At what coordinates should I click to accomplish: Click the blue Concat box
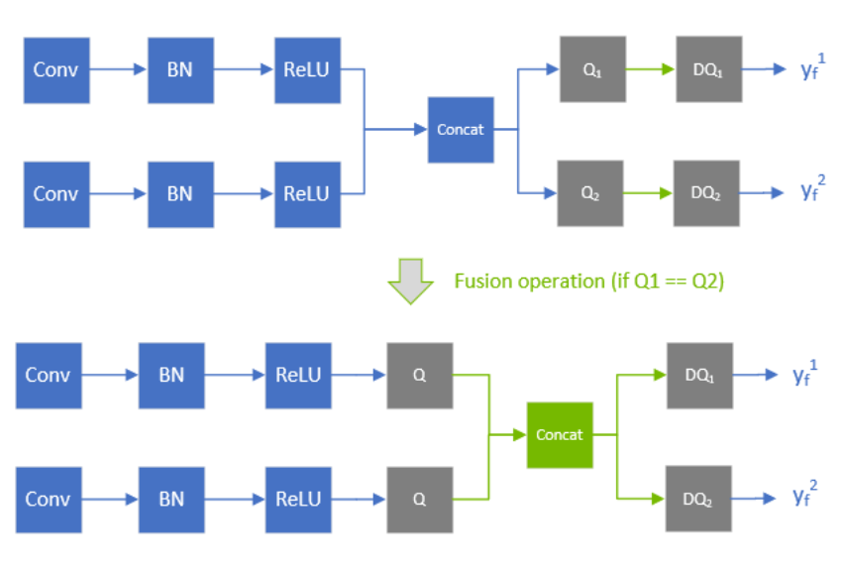click(461, 130)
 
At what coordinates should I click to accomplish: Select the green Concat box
click(560, 435)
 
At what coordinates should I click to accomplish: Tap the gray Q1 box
click(592, 69)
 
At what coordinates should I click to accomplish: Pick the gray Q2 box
click(591, 192)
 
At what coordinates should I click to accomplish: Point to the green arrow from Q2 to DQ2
click(649, 192)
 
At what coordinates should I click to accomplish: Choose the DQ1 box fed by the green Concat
click(699, 376)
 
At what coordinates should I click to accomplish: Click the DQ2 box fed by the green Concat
click(699, 499)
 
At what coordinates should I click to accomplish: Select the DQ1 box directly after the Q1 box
click(709, 69)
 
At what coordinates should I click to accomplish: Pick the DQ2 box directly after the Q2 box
click(707, 192)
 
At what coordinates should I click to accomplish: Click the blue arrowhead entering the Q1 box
click(553, 69)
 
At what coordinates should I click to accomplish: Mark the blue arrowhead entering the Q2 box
click(552, 192)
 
